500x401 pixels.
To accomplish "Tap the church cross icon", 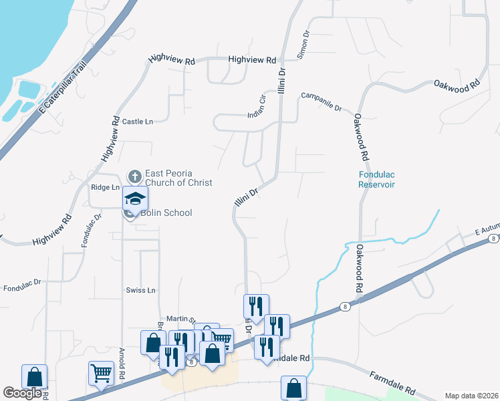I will (134, 177).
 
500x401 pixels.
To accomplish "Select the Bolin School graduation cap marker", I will (134, 198).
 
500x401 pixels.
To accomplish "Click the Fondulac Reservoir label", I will (376, 180).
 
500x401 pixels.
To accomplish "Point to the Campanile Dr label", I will (322, 102).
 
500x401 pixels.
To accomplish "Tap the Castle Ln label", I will (138, 122).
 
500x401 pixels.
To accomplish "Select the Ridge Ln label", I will (105, 188).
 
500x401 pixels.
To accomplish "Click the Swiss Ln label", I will (140, 291).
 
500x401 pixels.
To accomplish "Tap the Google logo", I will (22, 393).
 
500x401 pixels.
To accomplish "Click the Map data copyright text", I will (471, 396).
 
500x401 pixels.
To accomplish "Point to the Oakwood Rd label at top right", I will (457, 85).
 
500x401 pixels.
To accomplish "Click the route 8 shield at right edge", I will (493, 238).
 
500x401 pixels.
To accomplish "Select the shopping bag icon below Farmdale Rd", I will (293, 387).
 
